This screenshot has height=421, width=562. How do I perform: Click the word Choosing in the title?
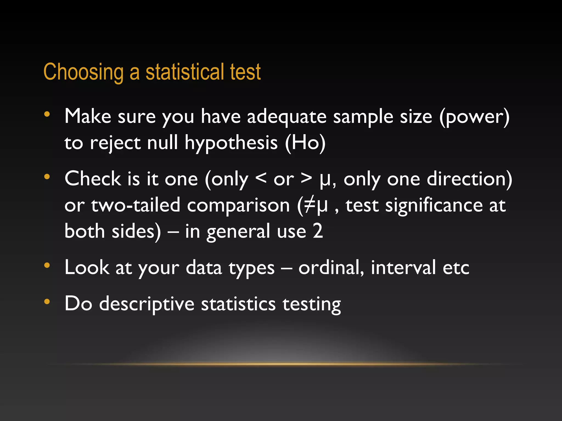tap(83, 72)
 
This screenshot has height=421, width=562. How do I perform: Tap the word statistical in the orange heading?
tap(185, 72)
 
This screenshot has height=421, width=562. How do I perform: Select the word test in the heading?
tap(245, 72)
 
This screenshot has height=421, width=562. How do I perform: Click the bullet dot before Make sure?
tap(47, 114)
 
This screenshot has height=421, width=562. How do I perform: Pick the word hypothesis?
tap(231, 143)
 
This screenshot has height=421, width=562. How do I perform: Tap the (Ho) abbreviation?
tap(305, 143)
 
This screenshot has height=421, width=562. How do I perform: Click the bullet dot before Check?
tap(47, 177)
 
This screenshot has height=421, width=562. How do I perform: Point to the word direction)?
tap(469, 179)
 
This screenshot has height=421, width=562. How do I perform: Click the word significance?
tap(434, 206)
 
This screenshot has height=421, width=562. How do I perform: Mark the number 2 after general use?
tap(318, 231)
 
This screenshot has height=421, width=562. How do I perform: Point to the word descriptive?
tap(147, 304)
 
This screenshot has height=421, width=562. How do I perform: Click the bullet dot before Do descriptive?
tap(47, 302)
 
